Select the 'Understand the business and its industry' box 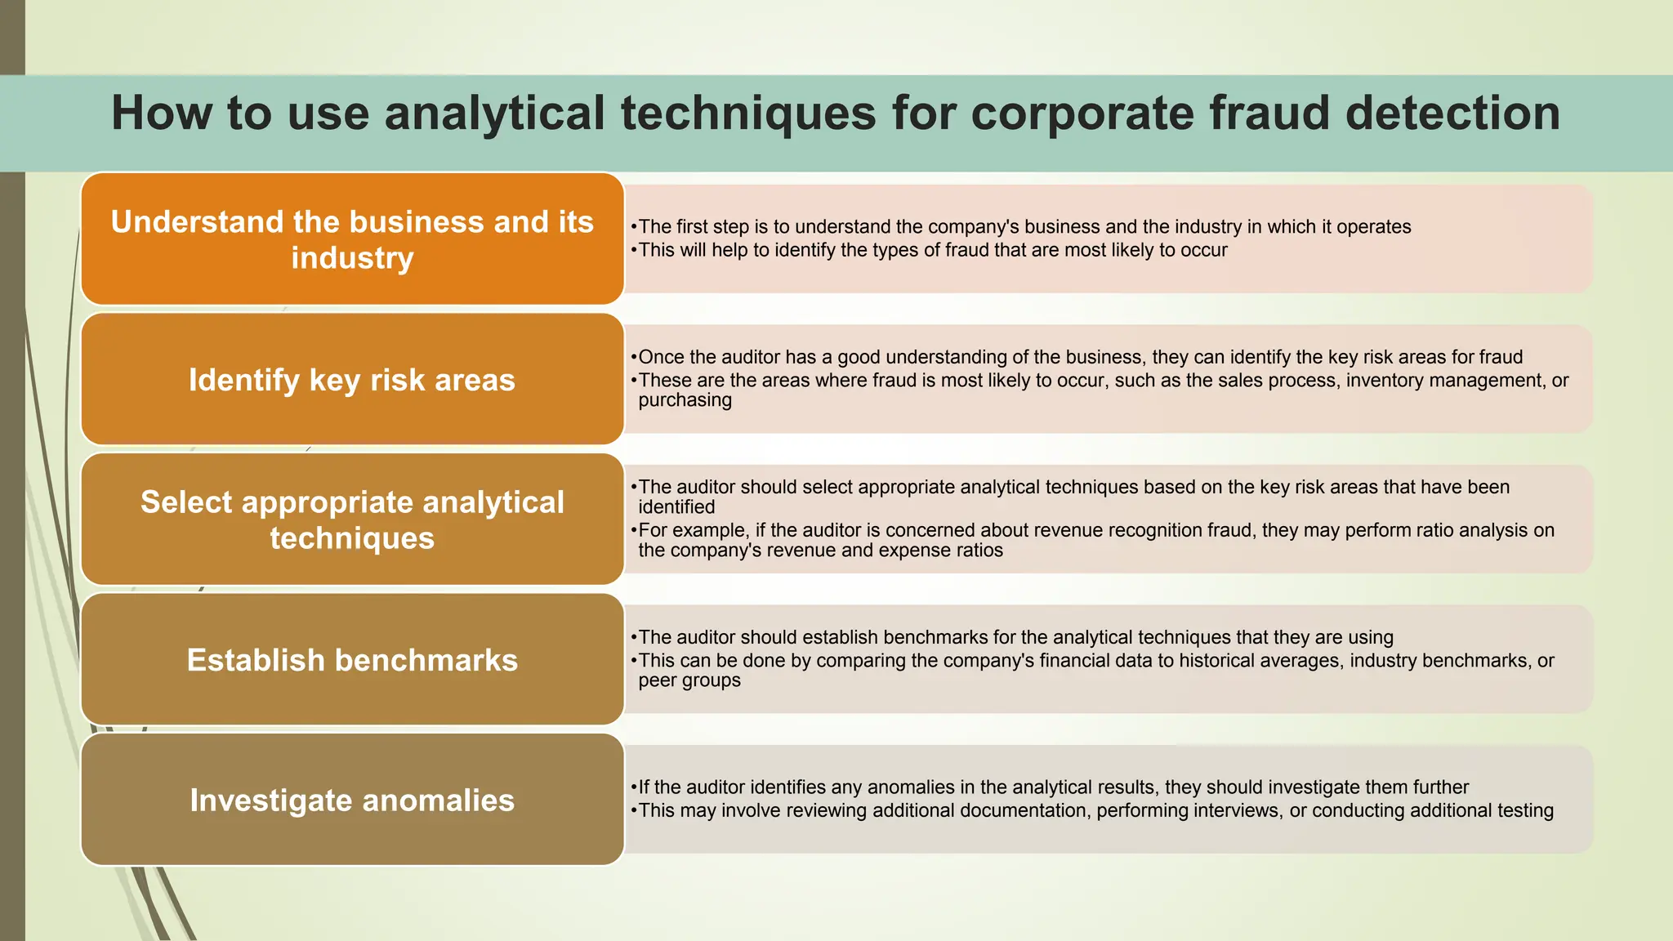coord(352,239)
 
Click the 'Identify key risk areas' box coord(352,380)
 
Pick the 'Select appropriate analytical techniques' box coord(352,520)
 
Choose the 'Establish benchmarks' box coord(352,660)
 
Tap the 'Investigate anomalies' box coord(352,801)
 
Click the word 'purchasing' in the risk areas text coord(685,400)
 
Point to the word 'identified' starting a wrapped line coord(676,507)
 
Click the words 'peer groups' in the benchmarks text coord(689,680)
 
